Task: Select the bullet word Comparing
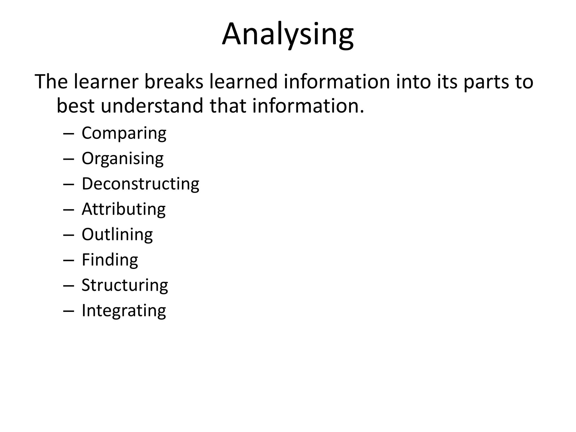pos(124,133)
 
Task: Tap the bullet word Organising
pos(122,158)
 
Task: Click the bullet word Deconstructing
pos(140,184)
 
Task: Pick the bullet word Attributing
pos(123,209)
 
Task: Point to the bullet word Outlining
pos(117,234)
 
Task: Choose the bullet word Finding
pos(110,260)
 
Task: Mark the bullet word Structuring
pos(125,285)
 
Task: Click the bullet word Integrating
pos(124,310)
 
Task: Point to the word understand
pos(152,106)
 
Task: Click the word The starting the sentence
pos(51,82)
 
